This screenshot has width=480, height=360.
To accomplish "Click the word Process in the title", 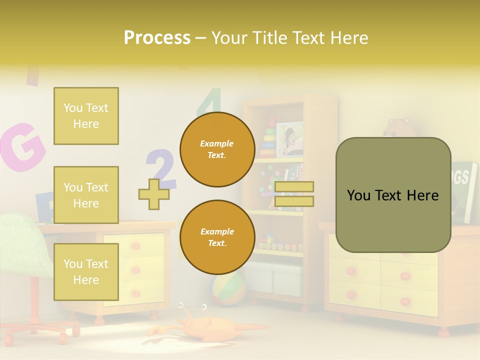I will coord(157,38).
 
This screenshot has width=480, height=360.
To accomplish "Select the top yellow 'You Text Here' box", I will coord(86,116).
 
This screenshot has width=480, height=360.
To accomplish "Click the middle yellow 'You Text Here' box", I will coord(86,195).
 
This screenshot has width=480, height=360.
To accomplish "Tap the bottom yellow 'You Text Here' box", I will coord(86,271).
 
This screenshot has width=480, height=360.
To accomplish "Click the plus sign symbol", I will coord(154,194).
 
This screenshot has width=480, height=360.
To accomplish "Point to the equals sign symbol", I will coord(294,194).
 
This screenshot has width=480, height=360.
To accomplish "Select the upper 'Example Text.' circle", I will coord(217,149).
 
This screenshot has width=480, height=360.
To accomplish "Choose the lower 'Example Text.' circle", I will coord(217,237).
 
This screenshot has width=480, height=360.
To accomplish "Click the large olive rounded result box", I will coord(393,195).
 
